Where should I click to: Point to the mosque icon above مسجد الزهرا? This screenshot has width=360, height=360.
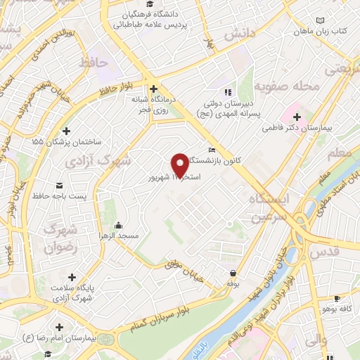pos(117,225)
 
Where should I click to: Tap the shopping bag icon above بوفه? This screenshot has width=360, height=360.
pos(233,273)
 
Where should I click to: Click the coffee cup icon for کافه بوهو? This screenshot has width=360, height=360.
pos(337,298)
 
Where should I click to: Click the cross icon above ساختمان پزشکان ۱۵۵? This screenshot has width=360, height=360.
pos(66,130)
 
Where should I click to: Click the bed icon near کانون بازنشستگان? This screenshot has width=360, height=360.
pos(212,150)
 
